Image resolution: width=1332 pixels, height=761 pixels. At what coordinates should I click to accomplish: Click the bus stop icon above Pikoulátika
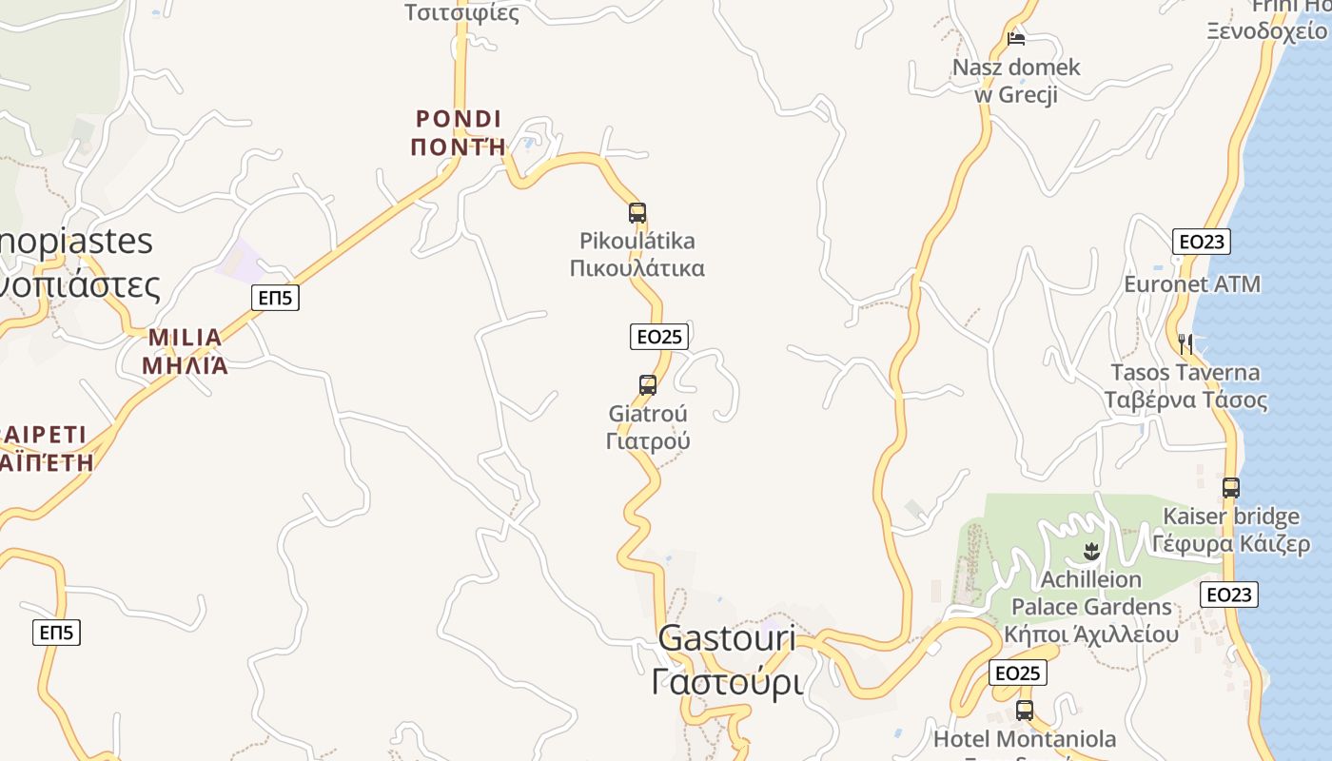(x=637, y=213)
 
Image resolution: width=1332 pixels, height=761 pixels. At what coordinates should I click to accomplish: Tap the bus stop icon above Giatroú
(x=648, y=385)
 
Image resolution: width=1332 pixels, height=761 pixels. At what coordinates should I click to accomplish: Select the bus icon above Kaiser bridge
(x=1231, y=488)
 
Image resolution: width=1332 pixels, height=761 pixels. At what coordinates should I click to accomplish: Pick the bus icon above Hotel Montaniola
(x=1025, y=710)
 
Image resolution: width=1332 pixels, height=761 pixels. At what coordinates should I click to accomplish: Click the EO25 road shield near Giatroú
(x=658, y=336)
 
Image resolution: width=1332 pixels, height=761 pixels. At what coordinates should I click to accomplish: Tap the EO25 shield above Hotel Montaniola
(x=1018, y=673)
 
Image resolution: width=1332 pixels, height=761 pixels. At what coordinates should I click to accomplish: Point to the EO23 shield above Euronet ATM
(x=1202, y=242)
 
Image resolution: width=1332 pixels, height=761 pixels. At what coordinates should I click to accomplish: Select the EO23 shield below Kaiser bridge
(x=1228, y=595)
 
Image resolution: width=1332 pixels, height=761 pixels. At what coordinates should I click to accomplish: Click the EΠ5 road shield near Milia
(x=276, y=298)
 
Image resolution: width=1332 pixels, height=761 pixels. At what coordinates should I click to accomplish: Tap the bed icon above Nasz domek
(x=1016, y=39)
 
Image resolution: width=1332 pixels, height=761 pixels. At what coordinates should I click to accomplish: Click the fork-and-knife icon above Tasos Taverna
(x=1185, y=342)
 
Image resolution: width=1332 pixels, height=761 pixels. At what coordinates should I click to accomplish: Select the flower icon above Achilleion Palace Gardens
(x=1091, y=551)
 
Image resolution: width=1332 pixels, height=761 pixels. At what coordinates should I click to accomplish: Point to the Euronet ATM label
(x=1192, y=284)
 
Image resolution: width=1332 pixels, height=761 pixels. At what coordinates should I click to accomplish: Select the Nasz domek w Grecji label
(x=1016, y=81)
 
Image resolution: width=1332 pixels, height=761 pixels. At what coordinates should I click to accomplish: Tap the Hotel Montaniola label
(x=1024, y=739)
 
